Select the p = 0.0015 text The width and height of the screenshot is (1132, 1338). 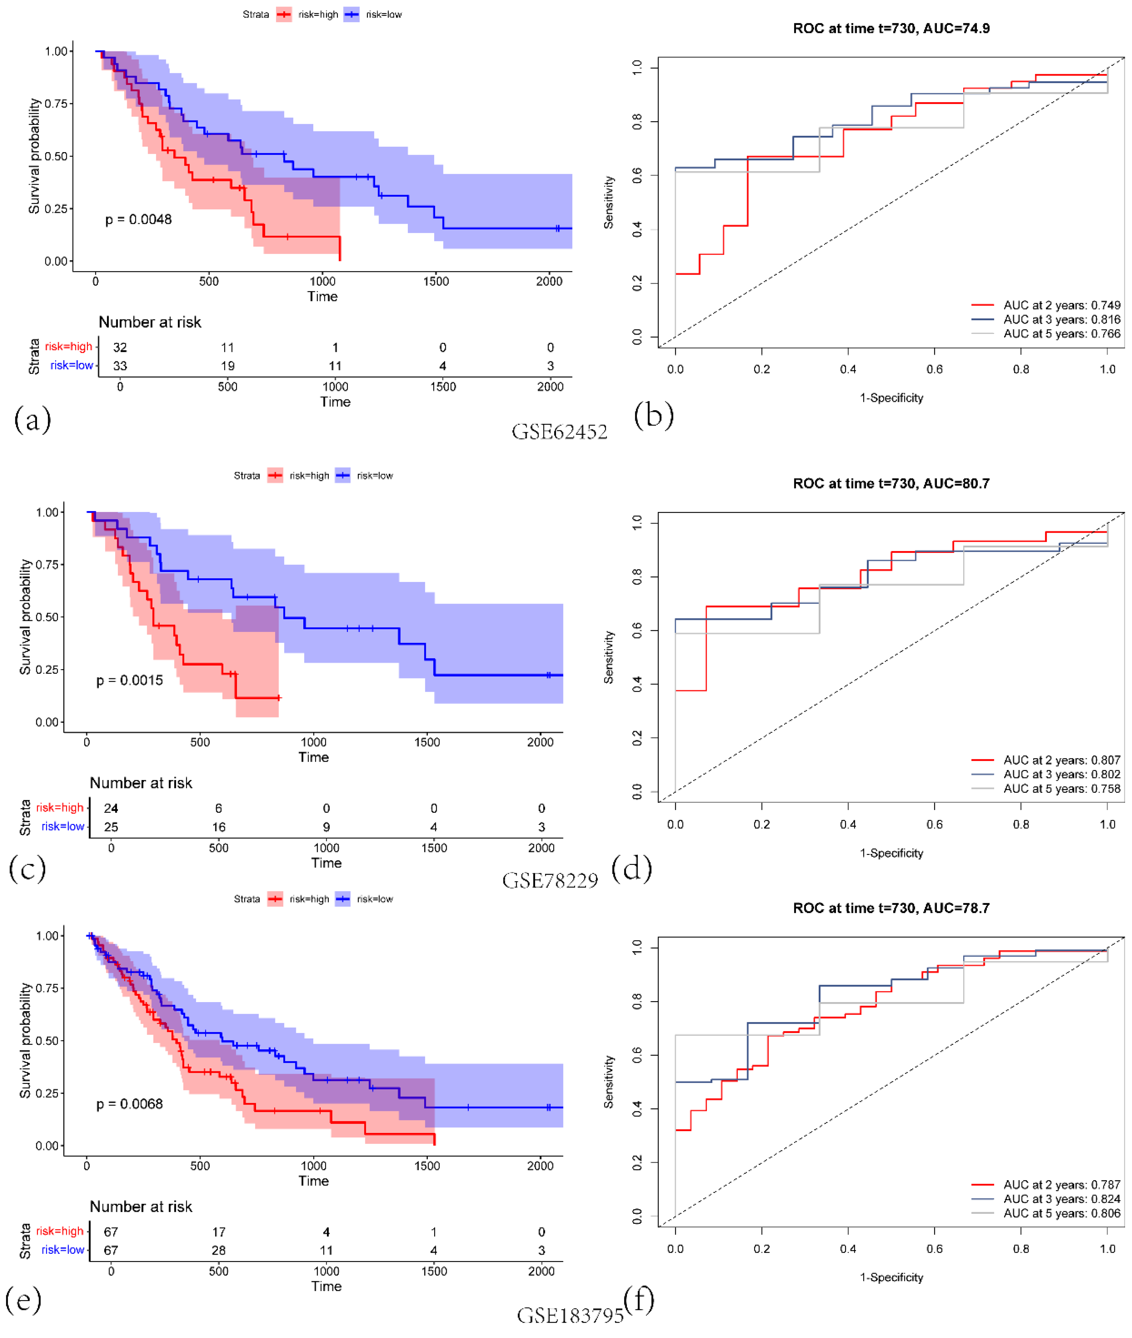pos(130,680)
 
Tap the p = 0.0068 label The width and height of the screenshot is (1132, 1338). pos(130,1104)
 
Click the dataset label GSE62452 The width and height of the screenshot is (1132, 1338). pos(559,432)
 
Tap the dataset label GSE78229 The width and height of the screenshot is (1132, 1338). pos(550,881)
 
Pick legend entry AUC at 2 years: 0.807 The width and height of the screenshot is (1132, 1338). pos(1061,760)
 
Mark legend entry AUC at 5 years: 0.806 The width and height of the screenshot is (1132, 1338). pos(1061,1213)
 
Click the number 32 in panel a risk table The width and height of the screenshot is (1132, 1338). pos(120,347)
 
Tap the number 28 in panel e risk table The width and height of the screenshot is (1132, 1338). pos(219,1250)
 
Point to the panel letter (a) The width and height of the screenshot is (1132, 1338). pos(32,420)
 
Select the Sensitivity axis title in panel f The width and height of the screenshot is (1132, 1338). pos(608,1082)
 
